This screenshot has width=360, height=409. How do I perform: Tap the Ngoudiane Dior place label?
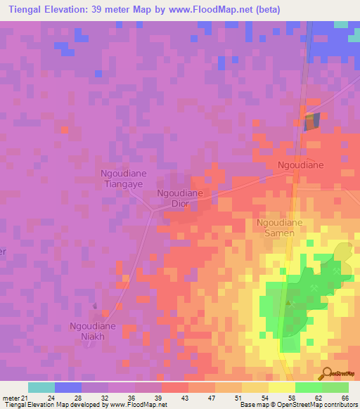point(179,198)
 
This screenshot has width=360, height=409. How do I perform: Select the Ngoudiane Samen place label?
point(279,228)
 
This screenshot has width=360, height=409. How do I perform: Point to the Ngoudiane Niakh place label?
point(92,331)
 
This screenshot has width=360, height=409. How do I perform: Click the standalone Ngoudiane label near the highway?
point(300,165)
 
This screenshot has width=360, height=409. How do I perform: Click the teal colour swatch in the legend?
point(41,387)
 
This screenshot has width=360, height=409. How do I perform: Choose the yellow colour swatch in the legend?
point(282,387)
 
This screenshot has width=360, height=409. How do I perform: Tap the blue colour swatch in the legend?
point(68,387)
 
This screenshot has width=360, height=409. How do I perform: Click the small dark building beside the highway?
point(311,121)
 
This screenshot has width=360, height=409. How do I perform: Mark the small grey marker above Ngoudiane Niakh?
point(96,306)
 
